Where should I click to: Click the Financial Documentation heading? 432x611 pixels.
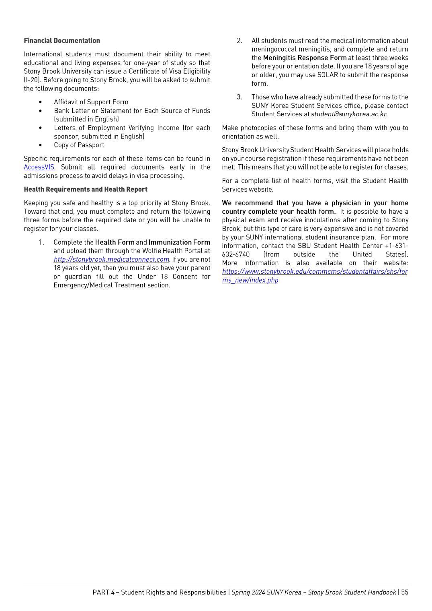(62, 41)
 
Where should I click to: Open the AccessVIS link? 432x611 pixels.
(39, 167)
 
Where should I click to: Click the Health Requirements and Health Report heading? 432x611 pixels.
(86, 189)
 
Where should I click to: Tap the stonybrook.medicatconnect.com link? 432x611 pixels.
(111, 260)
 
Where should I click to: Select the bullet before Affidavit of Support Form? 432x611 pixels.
(40, 102)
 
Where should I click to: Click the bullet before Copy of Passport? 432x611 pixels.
(40, 145)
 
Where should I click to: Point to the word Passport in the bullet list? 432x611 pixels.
(92, 145)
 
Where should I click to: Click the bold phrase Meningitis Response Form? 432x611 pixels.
(305, 58)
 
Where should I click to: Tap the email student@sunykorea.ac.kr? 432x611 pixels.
(349, 114)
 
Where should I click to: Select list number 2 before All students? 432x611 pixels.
(240, 41)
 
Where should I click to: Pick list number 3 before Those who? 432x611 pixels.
(240, 97)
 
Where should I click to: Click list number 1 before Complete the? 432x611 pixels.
(41, 242)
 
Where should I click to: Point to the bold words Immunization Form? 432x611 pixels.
(179, 242)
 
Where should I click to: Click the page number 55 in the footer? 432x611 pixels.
(405, 592)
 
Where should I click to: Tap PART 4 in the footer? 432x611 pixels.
(103, 592)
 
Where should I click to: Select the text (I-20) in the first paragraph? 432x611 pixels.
(32, 80)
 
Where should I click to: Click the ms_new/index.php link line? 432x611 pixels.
(250, 280)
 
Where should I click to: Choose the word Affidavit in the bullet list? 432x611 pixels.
(66, 102)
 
